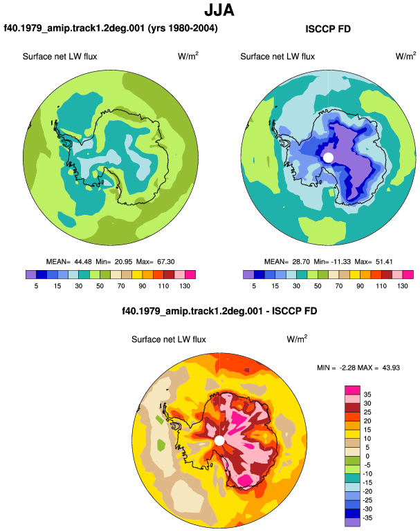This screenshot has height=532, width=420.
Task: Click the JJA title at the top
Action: (219, 10)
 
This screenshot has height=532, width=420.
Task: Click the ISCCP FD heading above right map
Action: (328, 29)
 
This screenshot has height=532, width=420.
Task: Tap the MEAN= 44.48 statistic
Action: (69, 262)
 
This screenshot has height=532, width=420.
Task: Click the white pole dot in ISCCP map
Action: (328, 158)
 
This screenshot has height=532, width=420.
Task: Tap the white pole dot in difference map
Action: (219, 440)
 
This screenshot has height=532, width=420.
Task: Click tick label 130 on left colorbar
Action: (185, 286)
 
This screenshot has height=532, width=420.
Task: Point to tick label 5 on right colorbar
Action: (254, 286)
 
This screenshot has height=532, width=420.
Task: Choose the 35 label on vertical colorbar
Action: (367, 395)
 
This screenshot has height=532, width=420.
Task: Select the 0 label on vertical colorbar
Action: (367, 456)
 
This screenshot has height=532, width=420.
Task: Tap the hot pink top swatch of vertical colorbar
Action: (352, 390)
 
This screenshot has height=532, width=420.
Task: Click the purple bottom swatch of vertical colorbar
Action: (352, 522)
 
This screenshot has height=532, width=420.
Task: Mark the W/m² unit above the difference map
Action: (297, 339)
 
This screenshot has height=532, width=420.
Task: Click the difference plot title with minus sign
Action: (219, 311)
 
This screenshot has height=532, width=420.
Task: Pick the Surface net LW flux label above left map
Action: (60, 57)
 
